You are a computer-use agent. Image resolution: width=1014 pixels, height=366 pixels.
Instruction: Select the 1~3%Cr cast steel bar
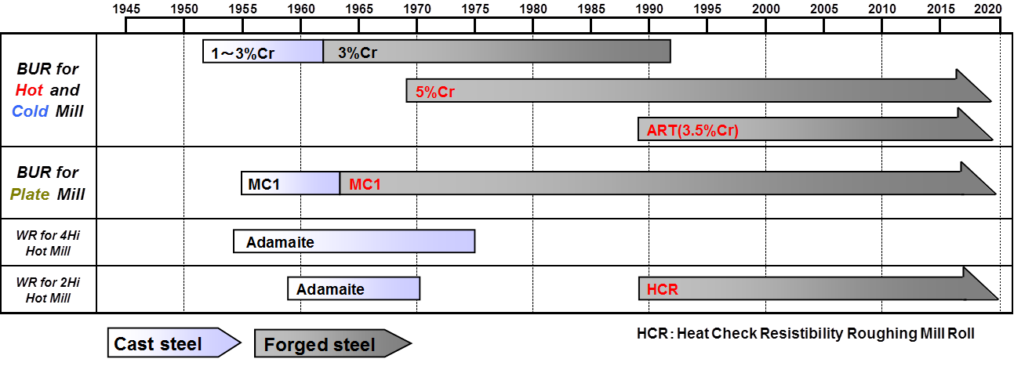click(263, 52)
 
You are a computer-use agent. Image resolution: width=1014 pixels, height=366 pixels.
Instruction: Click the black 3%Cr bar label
click(358, 53)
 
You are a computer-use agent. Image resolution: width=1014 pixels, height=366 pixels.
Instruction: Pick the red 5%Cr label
click(435, 92)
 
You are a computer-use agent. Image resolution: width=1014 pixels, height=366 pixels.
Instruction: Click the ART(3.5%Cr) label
click(692, 130)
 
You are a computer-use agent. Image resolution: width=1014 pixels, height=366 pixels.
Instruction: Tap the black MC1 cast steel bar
click(290, 184)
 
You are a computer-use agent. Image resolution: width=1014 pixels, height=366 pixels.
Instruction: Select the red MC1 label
click(365, 184)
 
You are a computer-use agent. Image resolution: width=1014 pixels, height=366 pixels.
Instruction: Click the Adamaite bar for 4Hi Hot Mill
click(354, 242)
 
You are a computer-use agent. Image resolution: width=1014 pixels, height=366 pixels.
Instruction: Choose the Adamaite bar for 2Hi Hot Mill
click(354, 289)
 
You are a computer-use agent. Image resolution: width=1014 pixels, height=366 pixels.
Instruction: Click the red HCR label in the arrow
click(662, 289)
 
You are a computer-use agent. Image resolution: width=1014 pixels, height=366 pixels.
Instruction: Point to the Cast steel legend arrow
click(173, 343)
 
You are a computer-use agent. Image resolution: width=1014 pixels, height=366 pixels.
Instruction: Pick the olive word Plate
click(29, 194)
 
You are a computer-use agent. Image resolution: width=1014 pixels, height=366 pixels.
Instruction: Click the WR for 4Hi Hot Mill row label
click(49, 242)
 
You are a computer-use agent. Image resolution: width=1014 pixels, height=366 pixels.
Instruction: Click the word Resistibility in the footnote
click(801, 334)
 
